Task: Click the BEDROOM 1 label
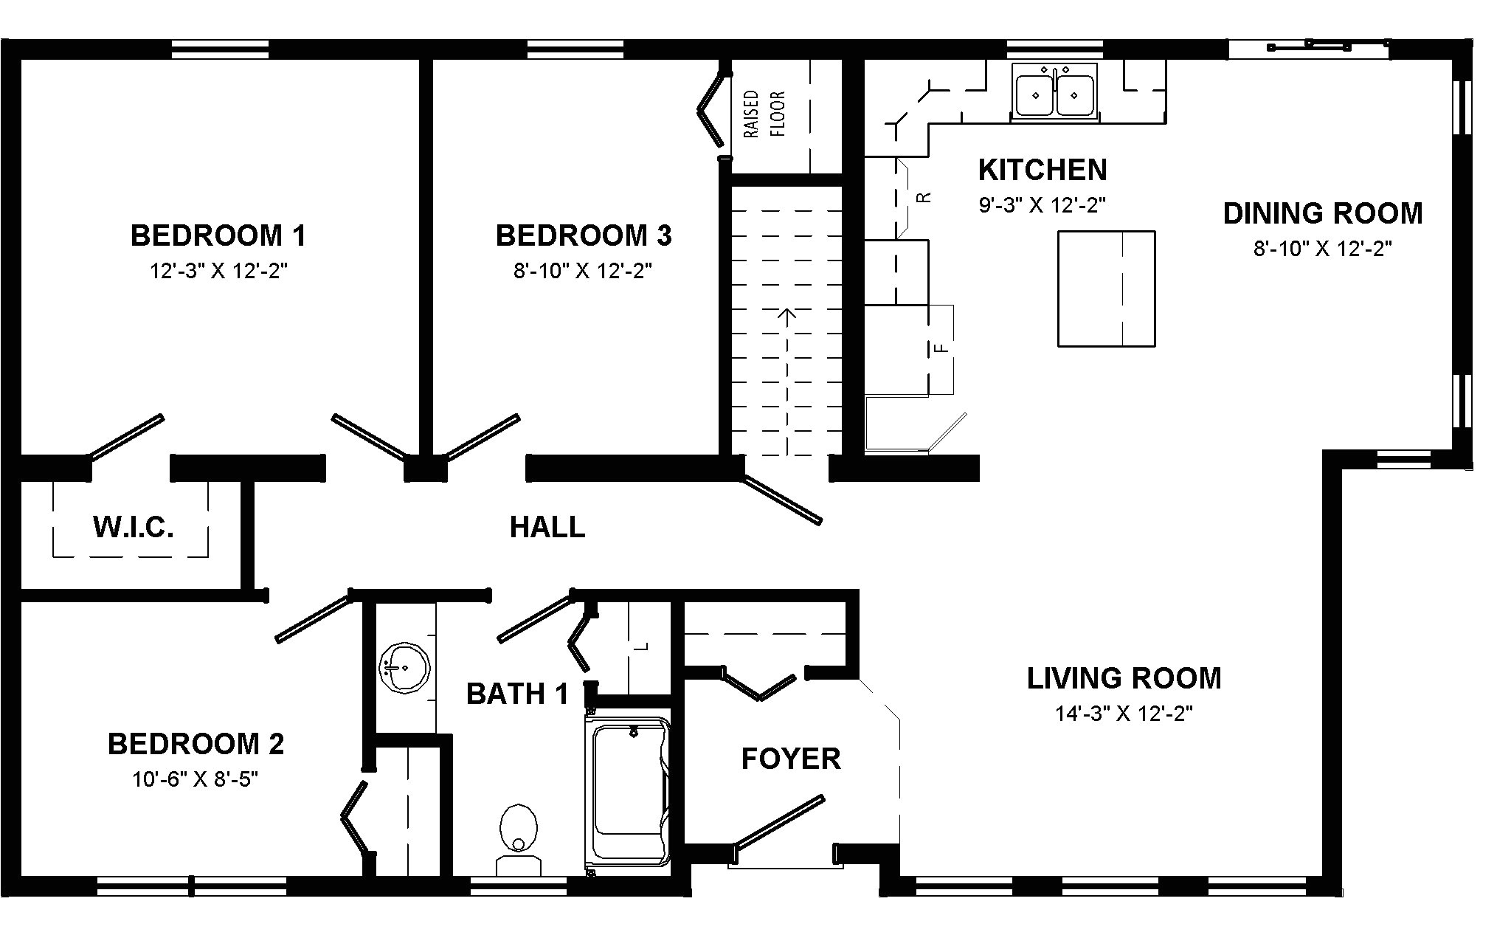click(218, 235)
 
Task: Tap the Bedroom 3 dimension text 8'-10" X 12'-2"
click(583, 271)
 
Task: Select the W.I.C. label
click(134, 527)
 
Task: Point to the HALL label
click(547, 527)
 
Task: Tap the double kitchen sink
click(1055, 91)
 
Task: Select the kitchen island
click(1107, 289)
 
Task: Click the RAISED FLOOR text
click(764, 114)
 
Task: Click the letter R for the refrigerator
click(922, 197)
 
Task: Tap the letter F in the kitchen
click(941, 347)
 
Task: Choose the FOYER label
click(791, 759)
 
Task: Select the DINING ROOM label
click(1323, 213)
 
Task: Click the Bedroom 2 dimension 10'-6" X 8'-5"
click(196, 779)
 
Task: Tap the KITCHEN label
click(1043, 170)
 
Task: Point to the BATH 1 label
click(518, 694)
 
